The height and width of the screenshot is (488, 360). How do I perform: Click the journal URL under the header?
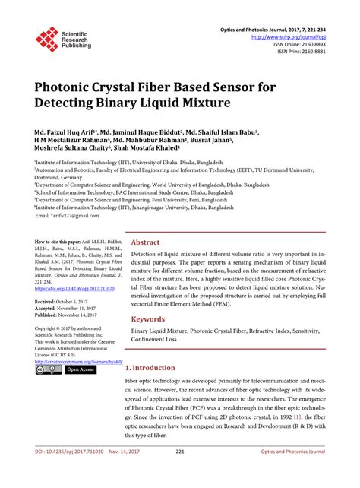[293, 36]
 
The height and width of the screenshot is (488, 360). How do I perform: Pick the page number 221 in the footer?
[180, 473]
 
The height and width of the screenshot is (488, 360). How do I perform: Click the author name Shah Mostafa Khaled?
[156, 151]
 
